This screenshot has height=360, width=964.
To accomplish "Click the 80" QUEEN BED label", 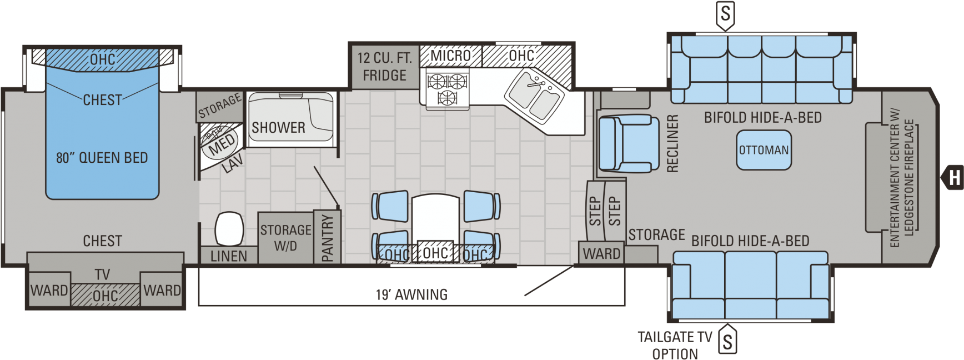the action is tap(102, 158).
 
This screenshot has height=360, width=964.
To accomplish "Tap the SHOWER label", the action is tap(278, 128).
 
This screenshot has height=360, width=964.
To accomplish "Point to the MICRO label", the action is tap(450, 56).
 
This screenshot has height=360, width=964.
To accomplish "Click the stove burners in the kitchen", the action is tap(447, 89).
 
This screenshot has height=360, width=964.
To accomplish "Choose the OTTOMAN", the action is tap(764, 150).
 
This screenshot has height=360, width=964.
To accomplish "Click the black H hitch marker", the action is tap(952, 178).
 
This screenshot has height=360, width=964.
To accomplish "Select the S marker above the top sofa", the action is tap(725, 14).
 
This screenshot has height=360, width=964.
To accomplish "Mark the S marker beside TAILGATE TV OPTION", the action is tap(727, 340).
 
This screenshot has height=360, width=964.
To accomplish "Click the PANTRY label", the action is tap(328, 238).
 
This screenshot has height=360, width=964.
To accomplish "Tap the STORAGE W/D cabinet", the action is tap(286, 238).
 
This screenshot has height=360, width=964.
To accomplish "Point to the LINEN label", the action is tap(229, 256).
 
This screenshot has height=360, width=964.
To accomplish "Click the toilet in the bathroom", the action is tap(229, 228).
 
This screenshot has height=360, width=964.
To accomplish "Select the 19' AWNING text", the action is tap(411, 294).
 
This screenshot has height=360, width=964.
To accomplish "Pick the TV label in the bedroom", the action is tap(102, 274).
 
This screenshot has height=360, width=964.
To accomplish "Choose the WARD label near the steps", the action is tap(601, 254).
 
